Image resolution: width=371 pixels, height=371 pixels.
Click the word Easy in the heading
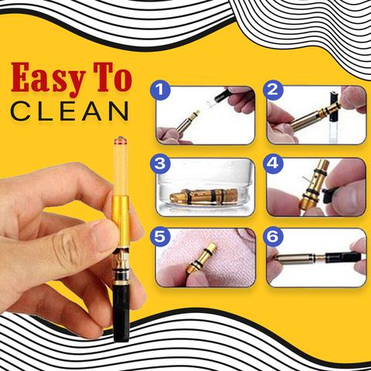pos(48,79)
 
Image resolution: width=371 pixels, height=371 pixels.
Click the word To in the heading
pos(113,77)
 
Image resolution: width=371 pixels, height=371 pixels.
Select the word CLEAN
pos(70,111)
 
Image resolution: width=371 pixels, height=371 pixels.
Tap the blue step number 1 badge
pos(160,90)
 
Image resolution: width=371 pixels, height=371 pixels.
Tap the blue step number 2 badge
pos(273,90)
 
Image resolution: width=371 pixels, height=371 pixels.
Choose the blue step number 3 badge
pos(160,163)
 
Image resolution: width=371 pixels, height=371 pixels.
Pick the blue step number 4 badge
pos(273,163)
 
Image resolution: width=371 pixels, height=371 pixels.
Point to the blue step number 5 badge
pos(160,237)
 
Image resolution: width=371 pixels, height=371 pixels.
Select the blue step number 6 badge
pos(273,237)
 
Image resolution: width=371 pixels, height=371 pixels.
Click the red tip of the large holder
pos(121,140)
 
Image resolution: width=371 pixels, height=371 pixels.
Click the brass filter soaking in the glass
pos(203,196)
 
